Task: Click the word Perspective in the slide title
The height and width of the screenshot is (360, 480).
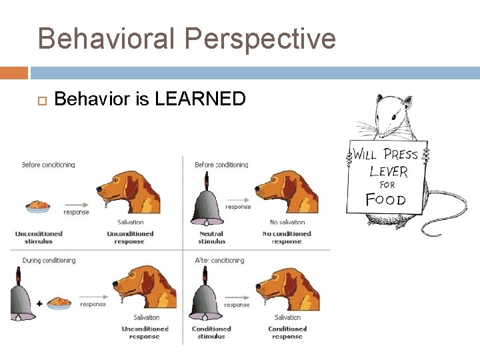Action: click(261, 39)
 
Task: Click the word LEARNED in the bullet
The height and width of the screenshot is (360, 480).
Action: click(200, 99)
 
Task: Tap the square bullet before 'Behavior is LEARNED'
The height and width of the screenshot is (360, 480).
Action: click(39, 100)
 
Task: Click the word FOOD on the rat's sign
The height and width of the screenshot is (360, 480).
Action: click(385, 199)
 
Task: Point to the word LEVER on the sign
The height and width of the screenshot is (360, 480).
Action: click(388, 171)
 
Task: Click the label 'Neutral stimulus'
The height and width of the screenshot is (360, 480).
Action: click(212, 237)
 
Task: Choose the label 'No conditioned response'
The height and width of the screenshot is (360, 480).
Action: click(287, 237)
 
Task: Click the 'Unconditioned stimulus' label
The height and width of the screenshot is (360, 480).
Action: click(39, 237)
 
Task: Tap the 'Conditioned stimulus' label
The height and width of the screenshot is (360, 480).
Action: click(211, 332)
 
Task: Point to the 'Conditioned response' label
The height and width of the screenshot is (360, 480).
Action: click(287, 332)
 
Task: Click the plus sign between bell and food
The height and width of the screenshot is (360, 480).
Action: click(39, 303)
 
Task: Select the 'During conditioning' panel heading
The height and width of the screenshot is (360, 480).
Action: click(49, 260)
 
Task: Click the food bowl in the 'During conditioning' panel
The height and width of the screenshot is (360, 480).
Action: click(59, 303)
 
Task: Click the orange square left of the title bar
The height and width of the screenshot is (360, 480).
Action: click(14, 73)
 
